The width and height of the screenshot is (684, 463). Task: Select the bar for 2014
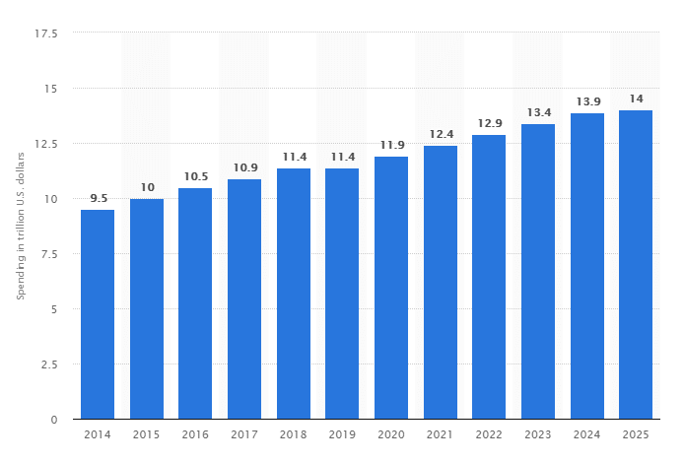point(98,314)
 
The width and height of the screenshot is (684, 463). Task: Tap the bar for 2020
point(391,288)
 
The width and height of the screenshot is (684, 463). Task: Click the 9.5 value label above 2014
point(98,198)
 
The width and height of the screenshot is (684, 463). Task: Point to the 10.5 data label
point(195,176)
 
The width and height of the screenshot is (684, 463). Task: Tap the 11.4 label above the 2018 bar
point(293,157)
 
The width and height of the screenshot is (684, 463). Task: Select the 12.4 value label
point(440,134)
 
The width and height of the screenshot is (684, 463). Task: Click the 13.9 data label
point(586,101)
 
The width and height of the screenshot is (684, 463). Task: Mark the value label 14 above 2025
point(636,99)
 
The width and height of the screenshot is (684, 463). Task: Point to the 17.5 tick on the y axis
point(46,33)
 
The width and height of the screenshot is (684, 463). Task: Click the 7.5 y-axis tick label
point(49,254)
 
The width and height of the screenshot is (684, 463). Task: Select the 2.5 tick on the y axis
point(49,364)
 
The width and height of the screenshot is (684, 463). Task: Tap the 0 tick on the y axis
point(55,420)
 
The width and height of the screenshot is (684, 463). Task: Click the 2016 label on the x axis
point(195,435)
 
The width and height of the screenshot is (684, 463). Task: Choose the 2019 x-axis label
point(342,435)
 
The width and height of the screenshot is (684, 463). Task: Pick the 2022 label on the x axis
point(489,435)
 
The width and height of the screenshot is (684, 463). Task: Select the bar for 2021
point(440,282)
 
